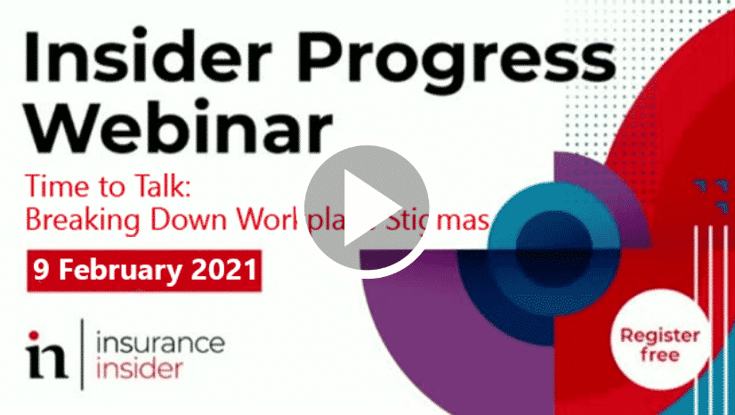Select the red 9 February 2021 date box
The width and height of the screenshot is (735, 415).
144,266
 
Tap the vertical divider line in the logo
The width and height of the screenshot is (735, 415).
81,354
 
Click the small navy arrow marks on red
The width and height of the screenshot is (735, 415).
712,190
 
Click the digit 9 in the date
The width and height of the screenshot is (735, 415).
41,266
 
